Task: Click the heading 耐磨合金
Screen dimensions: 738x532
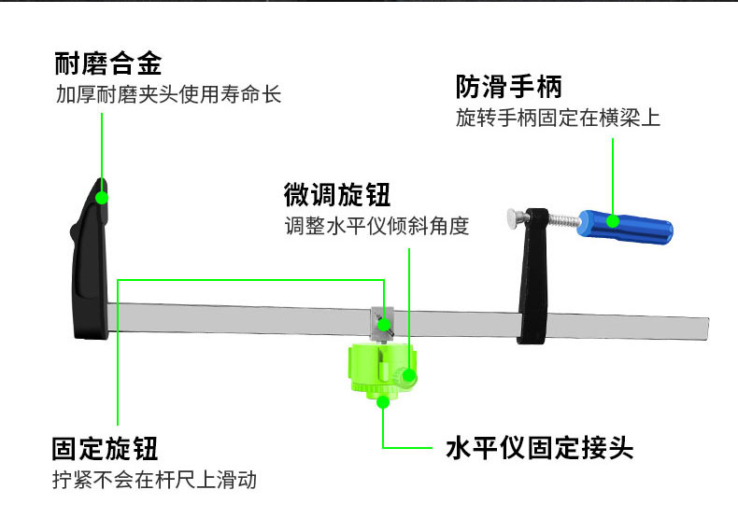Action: click(x=108, y=63)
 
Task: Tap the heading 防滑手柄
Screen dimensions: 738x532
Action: click(x=509, y=87)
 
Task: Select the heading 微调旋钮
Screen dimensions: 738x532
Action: click(x=337, y=195)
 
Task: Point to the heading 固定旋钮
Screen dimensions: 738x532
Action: click(x=105, y=448)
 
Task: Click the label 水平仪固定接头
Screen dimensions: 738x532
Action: click(x=539, y=447)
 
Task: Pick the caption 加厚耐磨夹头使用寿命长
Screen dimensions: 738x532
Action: click(x=168, y=94)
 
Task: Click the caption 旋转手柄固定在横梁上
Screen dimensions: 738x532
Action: click(x=558, y=118)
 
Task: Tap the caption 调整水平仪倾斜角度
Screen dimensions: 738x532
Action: click(x=376, y=226)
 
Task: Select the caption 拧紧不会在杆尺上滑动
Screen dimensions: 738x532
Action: click(x=154, y=480)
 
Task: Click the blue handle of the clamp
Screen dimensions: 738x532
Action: click(x=625, y=227)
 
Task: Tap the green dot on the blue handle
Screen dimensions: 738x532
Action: click(x=612, y=220)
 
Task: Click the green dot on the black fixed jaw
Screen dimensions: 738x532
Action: click(x=102, y=198)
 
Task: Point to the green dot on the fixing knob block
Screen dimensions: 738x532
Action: click(x=384, y=325)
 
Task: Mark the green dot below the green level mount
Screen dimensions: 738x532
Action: click(x=383, y=402)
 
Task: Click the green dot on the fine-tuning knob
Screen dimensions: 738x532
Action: click(x=409, y=376)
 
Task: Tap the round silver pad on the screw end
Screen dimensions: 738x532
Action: click(x=517, y=218)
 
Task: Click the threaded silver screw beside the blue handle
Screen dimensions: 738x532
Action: click(x=563, y=220)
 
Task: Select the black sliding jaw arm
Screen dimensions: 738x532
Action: click(x=533, y=277)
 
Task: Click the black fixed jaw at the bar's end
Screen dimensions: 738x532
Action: click(x=90, y=261)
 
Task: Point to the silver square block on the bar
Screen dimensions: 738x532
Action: click(x=382, y=325)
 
